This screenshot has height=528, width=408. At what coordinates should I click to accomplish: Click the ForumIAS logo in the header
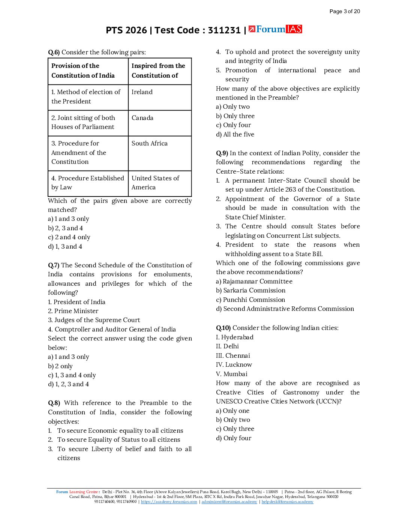coord(275,29)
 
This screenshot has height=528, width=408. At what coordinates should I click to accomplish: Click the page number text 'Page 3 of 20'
coord(345,11)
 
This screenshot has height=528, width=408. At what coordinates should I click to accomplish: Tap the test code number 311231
coord(224,30)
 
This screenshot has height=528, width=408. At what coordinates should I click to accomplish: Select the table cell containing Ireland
coord(160,97)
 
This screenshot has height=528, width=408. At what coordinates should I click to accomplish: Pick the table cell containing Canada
coord(160,123)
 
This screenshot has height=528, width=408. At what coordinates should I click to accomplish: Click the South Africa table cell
coord(160,153)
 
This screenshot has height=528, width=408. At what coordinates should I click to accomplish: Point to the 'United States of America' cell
coord(160,183)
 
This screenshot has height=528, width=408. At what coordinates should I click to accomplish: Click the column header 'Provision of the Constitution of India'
coord(88,71)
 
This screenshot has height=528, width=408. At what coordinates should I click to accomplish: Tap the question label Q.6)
coord(54,52)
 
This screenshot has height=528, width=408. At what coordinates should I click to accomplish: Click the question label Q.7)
coord(54,265)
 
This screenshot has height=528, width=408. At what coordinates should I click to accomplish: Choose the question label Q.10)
coord(223,328)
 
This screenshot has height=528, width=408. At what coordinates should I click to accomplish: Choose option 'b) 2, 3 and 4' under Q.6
coord(65,228)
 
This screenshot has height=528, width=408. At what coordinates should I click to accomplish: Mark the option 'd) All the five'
coord(235,134)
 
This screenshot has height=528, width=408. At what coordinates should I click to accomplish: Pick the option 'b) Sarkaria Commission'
coord(250,290)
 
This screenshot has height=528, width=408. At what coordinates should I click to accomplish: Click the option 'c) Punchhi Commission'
coord(250,300)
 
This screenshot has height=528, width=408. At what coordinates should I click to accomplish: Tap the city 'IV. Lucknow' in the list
coord(234,364)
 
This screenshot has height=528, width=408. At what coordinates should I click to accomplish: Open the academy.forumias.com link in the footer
coord(169,502)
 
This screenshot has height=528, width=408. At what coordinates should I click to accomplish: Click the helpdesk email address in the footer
coord(287,502)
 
